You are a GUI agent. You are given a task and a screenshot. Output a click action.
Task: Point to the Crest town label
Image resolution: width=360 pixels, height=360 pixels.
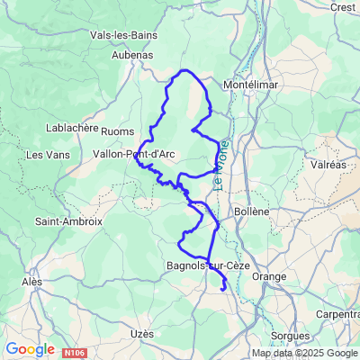(343, 6)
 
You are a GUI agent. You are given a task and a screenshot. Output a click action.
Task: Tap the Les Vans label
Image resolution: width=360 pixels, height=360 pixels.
(46, 155)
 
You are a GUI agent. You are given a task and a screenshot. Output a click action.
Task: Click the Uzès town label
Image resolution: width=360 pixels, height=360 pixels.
(142, 334)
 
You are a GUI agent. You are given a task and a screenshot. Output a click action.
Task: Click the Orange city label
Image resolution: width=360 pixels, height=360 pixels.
(269, 277)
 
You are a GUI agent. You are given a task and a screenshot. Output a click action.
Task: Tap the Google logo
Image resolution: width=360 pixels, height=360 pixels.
(30, 348)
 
